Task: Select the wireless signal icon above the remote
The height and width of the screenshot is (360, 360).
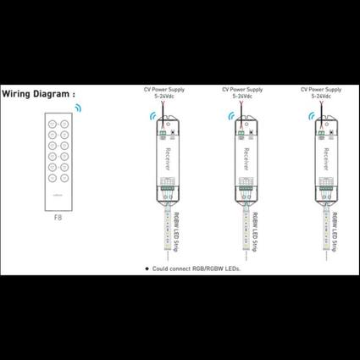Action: [x=80, y=109]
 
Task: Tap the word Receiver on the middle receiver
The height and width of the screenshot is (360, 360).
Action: [x=246, y=160]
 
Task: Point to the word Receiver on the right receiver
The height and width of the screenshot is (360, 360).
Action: [x=324, y=160]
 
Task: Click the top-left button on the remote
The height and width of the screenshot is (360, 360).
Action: [x=52, y=124]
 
